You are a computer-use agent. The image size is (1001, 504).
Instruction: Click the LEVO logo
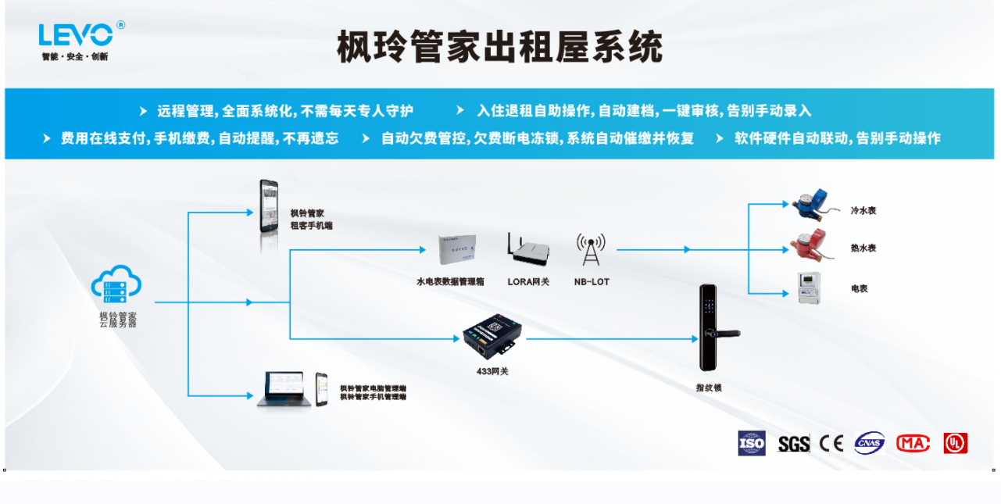(x=77, y=35)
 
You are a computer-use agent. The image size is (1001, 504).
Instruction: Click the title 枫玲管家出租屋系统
(x=499, y=47)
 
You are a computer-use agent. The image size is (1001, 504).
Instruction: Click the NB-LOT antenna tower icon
(x=591, y=250)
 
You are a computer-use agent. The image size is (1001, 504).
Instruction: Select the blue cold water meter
(x=810, y=205)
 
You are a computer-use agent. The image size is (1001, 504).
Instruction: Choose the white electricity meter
(x=809, y=288)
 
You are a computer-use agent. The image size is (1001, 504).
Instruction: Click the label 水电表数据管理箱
(x=450, y=281)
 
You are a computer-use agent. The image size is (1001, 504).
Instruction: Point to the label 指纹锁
(x=709, y=387)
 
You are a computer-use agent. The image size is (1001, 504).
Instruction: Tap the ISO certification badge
(x=752, y=443)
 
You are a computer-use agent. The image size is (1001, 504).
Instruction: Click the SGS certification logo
(x=793, y=444)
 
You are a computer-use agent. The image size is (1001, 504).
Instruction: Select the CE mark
(x=831, y=443)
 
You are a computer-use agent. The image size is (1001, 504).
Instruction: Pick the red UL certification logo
(x=955, y=443)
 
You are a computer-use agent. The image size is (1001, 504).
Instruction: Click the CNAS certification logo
(x=869, y=443)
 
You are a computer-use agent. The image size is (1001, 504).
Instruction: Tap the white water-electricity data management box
(x=458, y=248)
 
